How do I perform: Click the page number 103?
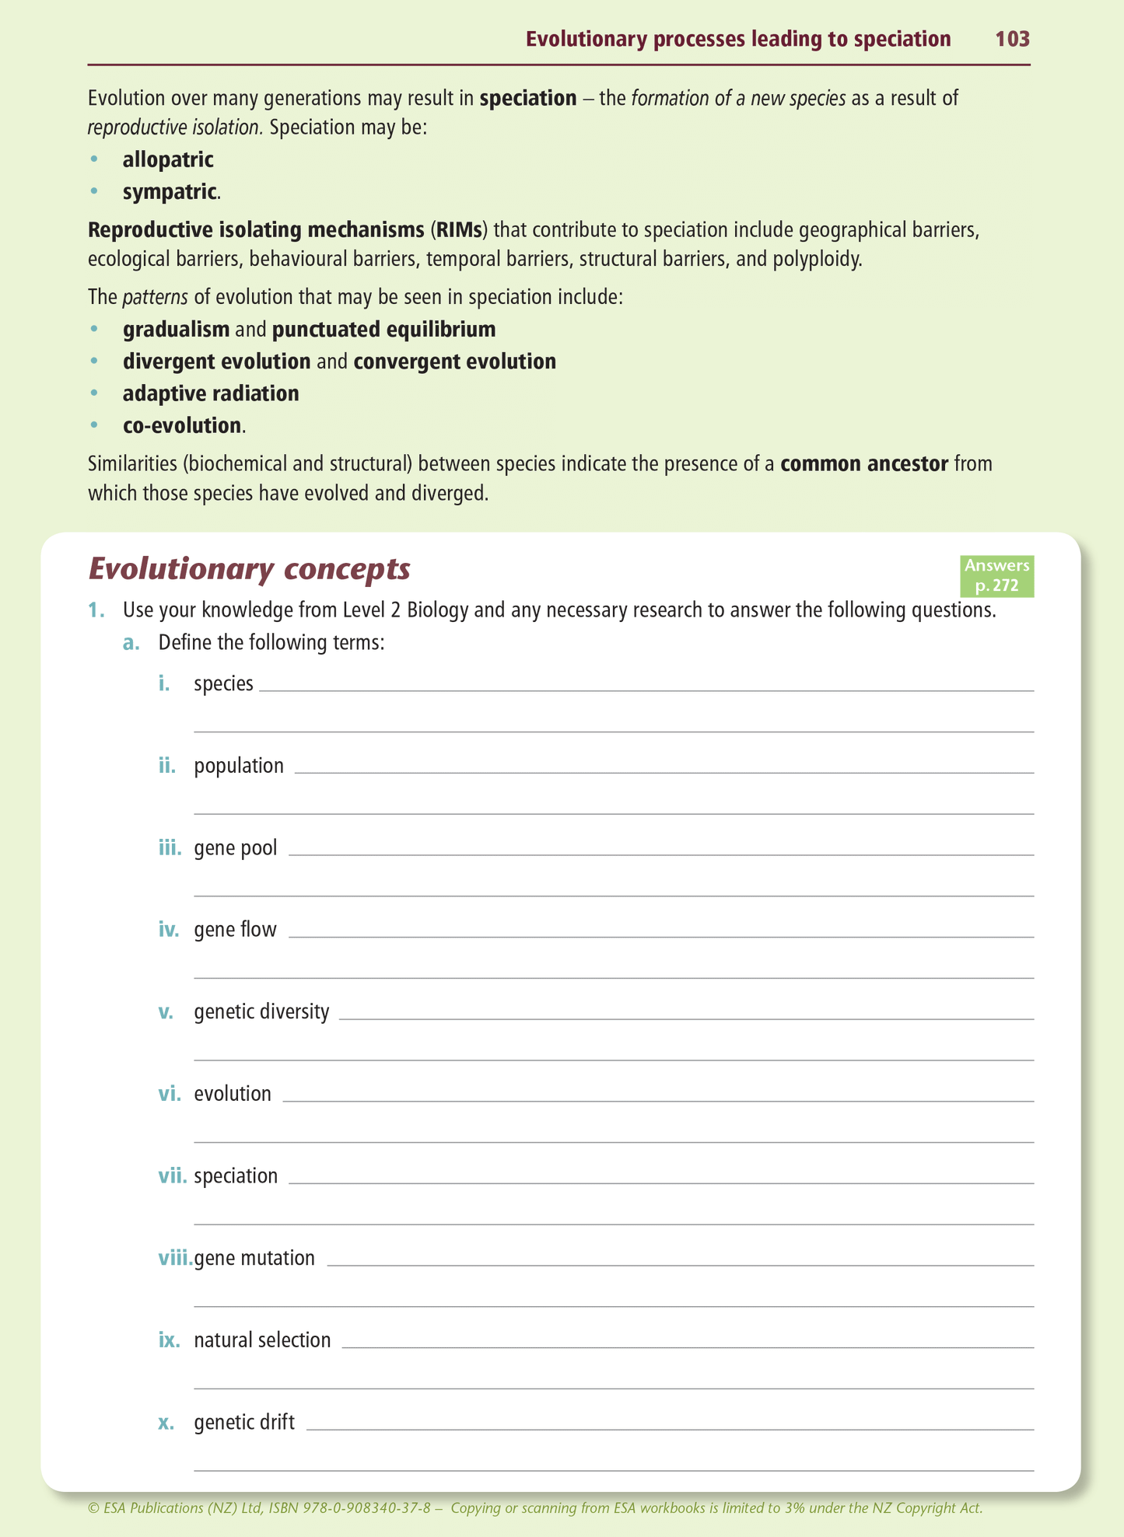[1012, 39]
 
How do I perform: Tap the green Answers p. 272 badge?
[996, 575]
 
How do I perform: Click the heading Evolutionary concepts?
[249, 569]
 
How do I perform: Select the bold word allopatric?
[168, 160]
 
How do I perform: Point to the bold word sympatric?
[170, 192]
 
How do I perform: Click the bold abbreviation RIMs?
[459, 230]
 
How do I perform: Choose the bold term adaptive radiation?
[211, 394]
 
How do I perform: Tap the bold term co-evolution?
[182, 426]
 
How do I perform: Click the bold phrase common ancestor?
[863, 464]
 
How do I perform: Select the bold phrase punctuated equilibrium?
[383, 330]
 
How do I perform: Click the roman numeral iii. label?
[170, 848]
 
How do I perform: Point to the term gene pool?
[235, 848]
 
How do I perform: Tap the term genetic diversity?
[261, 1012]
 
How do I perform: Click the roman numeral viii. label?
[175, 1259]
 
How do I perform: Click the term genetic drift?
[244, 1423]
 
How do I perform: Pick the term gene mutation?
[254, 1259]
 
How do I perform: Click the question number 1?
[96, 610]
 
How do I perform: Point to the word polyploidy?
[817, 260]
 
